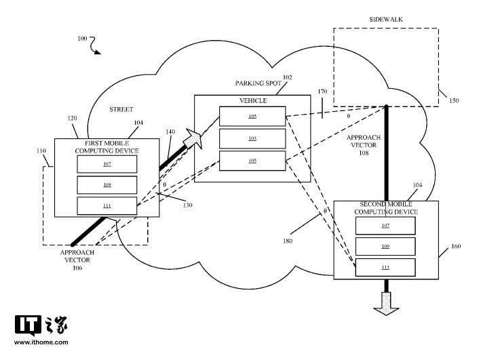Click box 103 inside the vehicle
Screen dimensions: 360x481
(x=252, y=138)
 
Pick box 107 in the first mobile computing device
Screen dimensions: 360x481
(x=107, y=163)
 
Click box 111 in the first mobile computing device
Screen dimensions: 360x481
(x=107, y=205)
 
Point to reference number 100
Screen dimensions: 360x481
(x=82, y=40)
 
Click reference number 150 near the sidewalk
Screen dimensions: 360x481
(x=453, y=101)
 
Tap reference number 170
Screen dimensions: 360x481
(x=322, y=91)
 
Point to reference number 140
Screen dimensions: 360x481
(x=170, y=132)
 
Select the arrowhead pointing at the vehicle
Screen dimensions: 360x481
(x=195, y=139)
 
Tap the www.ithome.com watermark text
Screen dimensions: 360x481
(x=41, y=342)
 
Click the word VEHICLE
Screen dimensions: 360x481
(x=252, y=101)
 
